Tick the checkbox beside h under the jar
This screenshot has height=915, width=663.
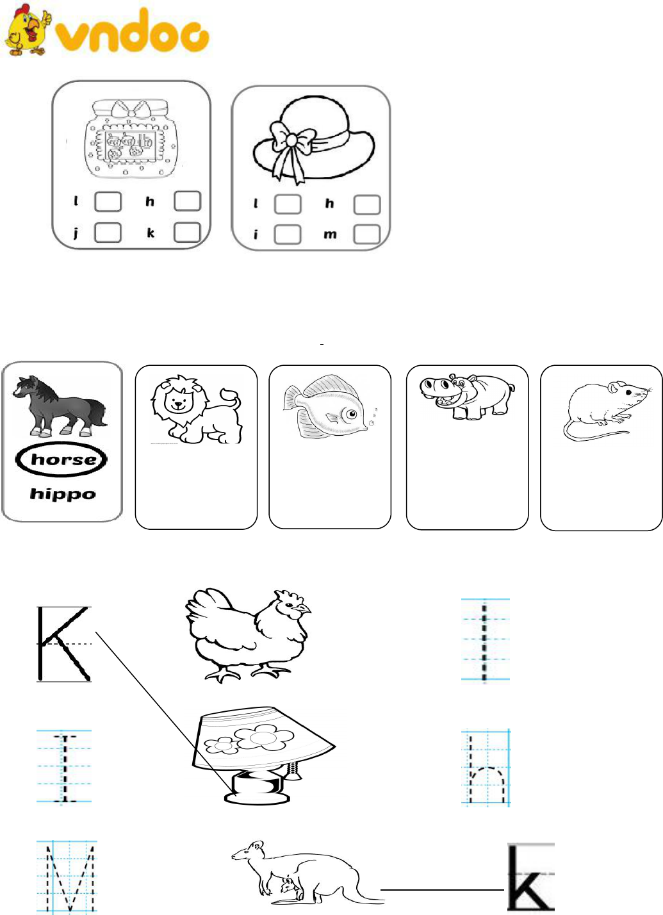point(188,201)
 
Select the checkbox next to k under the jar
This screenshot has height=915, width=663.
point(188,233)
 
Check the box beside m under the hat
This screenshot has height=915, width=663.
point(367,235)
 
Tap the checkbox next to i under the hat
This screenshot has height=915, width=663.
point(288,235)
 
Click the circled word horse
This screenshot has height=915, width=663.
point(61,459)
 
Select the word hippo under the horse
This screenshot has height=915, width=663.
point(63,494)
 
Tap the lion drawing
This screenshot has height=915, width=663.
point(197,409)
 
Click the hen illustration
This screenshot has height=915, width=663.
point(248,635)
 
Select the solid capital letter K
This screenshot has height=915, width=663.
point(63,644)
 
